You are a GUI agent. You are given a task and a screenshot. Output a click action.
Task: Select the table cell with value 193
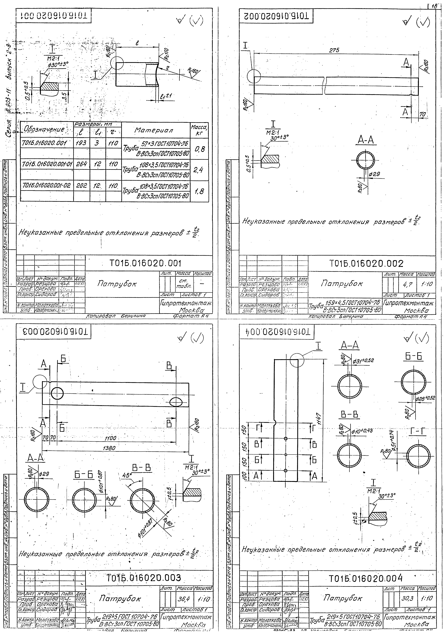coord(81,143)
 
